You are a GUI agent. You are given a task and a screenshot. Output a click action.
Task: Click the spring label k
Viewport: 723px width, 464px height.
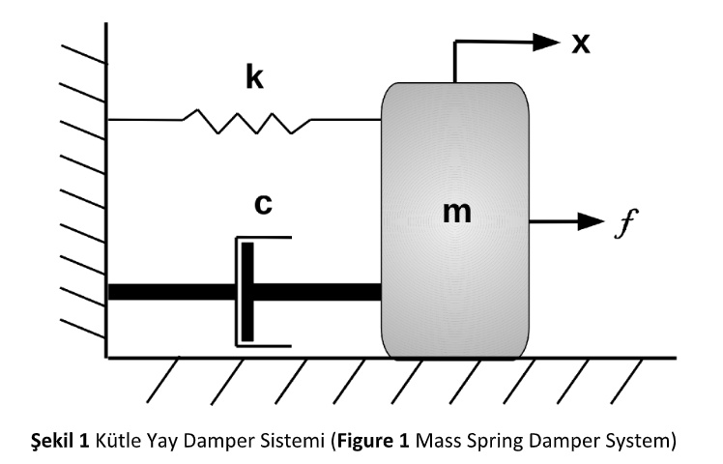click(x=254, y=77)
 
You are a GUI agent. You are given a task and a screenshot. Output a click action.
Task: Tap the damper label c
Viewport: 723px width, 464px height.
click(x=262, y=204)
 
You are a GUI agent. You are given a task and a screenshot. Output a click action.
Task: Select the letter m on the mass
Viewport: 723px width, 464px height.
click(x=456, y=213)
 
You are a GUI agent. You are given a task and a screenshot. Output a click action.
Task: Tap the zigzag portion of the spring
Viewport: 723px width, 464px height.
click(x=246, y=121)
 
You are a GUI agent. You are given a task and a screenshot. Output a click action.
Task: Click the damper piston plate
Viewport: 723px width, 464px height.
click(x=248, y=291)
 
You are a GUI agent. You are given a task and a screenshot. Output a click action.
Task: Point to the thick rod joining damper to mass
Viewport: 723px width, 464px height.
click(x=319, y=291)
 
